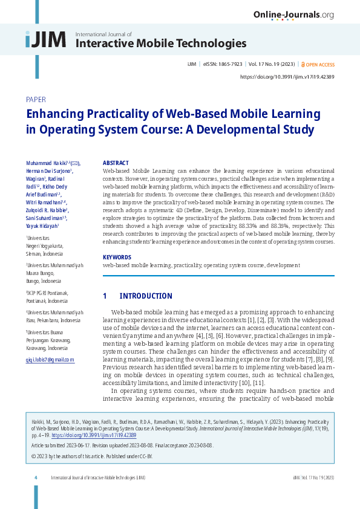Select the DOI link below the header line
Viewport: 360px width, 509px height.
(287, 77)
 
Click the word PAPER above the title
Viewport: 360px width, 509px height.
(36, 99)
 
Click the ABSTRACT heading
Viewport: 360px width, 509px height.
(116, 163)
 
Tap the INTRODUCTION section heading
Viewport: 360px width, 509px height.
(145, 296)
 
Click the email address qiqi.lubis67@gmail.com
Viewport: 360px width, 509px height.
(50, 360)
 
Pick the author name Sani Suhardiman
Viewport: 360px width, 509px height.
(46, 218)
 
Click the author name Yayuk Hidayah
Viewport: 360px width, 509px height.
(42, 225)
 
